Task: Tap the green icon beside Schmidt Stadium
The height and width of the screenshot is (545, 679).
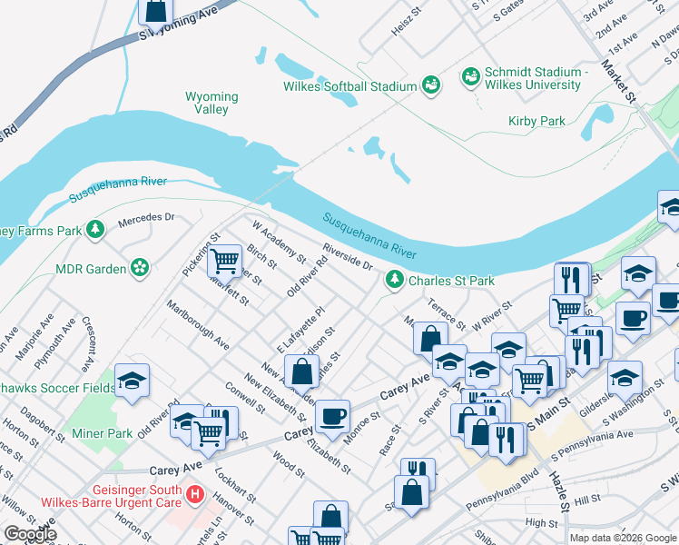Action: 471,75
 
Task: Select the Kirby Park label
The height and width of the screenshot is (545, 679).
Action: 536,121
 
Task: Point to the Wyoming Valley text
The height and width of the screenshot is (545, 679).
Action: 212,103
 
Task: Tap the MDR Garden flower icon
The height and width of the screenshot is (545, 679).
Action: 139,268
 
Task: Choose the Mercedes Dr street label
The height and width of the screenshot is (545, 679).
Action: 146,218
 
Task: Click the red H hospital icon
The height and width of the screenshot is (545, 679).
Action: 194,496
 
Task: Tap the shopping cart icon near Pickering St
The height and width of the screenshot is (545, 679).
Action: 224,262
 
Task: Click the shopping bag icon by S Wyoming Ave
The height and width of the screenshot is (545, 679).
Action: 156,11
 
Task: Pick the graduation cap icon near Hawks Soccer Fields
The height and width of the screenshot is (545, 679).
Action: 133,382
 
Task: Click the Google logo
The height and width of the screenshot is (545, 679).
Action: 30,534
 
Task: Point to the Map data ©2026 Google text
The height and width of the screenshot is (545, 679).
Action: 622,538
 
